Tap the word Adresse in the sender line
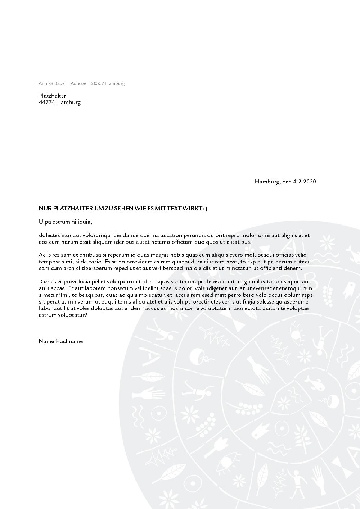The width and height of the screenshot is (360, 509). (78, 83)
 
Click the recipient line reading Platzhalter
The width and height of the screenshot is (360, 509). (53, 96)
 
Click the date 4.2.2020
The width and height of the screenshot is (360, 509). (305, 182)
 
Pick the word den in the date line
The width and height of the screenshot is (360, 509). (287, 182)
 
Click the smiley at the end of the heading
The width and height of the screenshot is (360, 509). (205, 208)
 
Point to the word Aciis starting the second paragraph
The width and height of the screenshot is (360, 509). (45, 255)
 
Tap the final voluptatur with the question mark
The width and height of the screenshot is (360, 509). (75, 315)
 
